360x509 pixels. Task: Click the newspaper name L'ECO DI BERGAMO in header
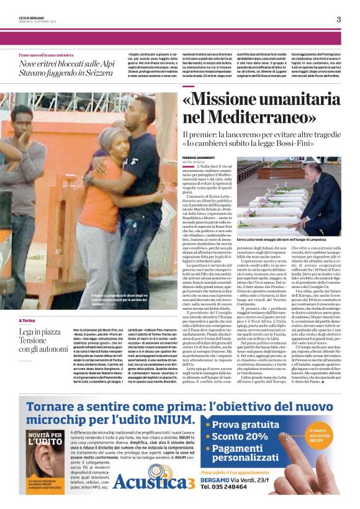[x=30, y=15]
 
